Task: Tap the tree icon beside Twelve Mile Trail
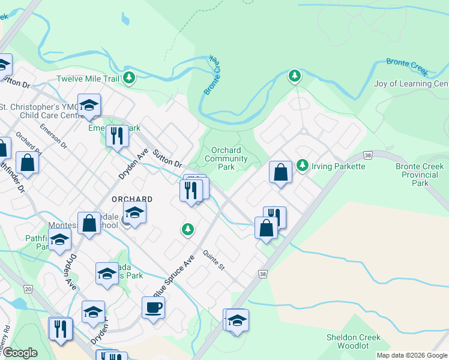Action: click(x=128, y=77)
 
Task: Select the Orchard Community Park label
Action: click(x=226, y=158)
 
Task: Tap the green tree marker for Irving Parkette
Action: click(x=302, y=165)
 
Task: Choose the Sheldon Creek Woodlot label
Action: click(x=353, y=341)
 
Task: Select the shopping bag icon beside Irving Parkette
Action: click(x=280, y=172)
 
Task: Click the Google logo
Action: click(x=20, y=353)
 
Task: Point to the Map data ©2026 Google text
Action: click(x=412, y=355)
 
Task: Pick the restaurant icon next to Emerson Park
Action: click(x=117, y=135)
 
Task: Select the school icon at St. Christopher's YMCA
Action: click(x=89, y=105)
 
